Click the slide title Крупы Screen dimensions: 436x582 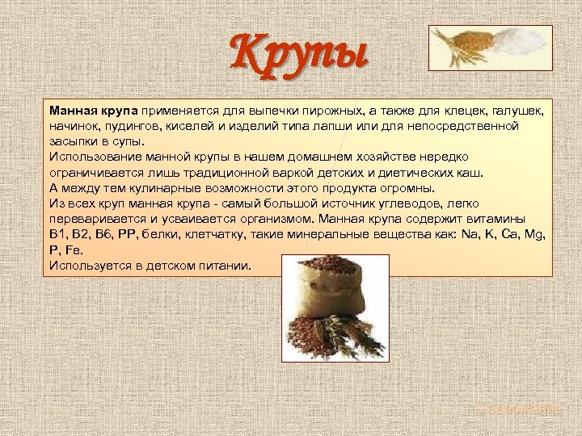tap(300, 52)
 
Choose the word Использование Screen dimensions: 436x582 tap(90, 156)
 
